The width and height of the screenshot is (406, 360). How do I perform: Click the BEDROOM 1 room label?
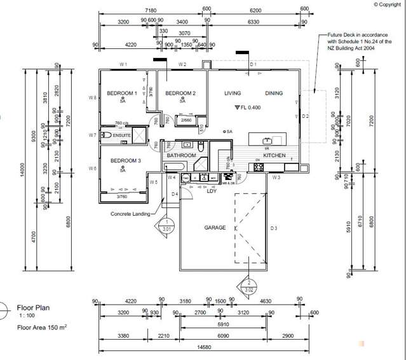pyautogui.click(x=123, y=93)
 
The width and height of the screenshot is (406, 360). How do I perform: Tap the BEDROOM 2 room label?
pyautogui.click(x=180, y=93)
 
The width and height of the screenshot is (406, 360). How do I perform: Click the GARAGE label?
pyautogui.click(x=215, y=227)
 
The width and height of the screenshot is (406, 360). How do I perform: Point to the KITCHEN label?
pyautogui.click(x=274, y=155)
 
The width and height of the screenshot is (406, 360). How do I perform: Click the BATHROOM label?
pyautogui.click(x=181, y=155)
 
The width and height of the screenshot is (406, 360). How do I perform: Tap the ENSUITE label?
pyautogui.click(x=123, y=135)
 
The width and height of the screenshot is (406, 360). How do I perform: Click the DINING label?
pyautogui.click(x=274, y=93)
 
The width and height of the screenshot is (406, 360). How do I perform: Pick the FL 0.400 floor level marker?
pyautogui.click(x=249, y=107)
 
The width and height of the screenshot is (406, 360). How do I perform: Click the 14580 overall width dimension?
pyautogui.click(x=204, y=346)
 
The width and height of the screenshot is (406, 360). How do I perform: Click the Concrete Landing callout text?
pyautogui.click(x=130, y=214)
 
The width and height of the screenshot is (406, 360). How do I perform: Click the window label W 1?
pyautogui.click(x=124, y=65)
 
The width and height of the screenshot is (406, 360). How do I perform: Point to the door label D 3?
pyautogui.click(x=274, y=227)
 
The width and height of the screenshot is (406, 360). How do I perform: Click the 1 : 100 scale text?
pyautogui.click(x=27, y=315)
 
